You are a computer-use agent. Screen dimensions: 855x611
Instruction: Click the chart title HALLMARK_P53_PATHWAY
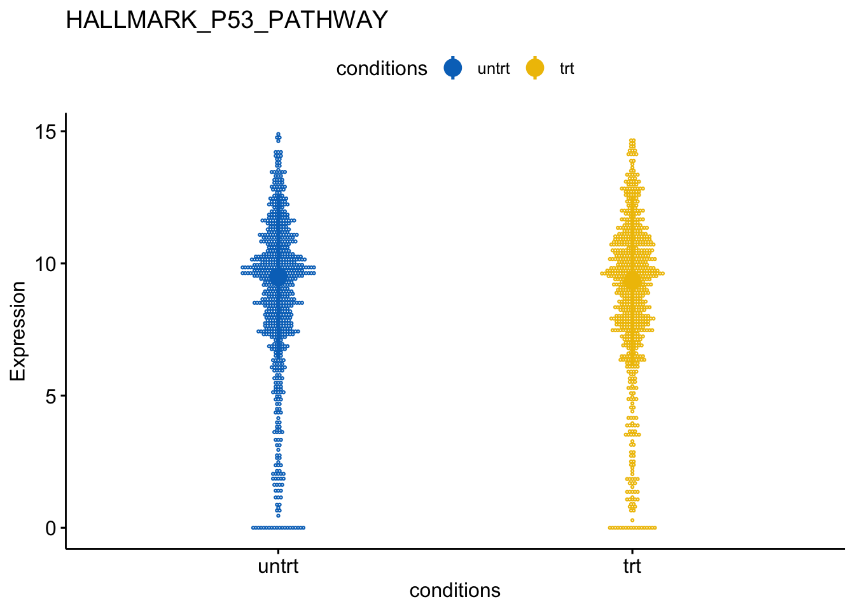226,20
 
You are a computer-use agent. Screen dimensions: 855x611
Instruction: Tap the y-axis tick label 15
45,132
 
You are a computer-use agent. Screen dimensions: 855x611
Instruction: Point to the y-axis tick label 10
45,264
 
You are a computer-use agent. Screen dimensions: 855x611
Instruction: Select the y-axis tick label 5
51,397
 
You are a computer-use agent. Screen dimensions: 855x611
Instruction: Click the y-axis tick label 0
51,528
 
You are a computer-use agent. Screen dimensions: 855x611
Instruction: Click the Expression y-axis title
18,331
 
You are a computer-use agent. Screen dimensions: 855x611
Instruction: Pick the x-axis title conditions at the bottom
455,591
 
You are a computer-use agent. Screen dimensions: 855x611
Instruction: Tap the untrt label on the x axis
278,566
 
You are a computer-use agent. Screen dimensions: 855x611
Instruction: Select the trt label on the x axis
632,566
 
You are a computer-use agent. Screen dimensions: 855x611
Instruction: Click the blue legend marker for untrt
453,68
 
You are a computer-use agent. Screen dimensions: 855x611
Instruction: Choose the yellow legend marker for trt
535,68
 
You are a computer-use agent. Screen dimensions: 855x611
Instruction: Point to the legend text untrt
494,69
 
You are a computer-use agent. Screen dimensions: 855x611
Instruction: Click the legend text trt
567,69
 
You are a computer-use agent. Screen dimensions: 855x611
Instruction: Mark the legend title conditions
382,69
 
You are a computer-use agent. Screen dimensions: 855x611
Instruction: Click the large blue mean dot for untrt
278,277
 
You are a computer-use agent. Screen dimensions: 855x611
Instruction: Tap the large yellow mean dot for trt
632,281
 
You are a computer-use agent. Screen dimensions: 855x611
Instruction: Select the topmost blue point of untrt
278,134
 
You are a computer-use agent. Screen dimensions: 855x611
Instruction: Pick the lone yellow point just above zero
632,520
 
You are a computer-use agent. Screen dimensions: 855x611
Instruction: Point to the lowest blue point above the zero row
278,516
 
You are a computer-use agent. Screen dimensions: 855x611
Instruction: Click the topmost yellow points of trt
632,141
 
